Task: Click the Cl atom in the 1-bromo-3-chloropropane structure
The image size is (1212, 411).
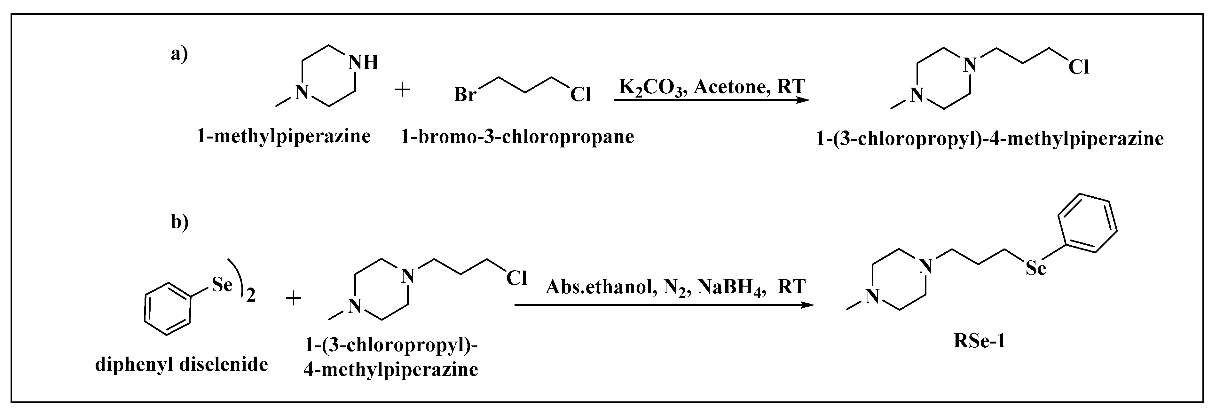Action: point(580,95)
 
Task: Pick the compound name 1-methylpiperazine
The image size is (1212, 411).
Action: point(283,137)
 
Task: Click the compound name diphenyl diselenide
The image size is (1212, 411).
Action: point(182,364)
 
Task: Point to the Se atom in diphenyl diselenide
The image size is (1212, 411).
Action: point(222,284)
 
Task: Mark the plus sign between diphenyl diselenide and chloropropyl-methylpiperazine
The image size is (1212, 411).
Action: point(294,298)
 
